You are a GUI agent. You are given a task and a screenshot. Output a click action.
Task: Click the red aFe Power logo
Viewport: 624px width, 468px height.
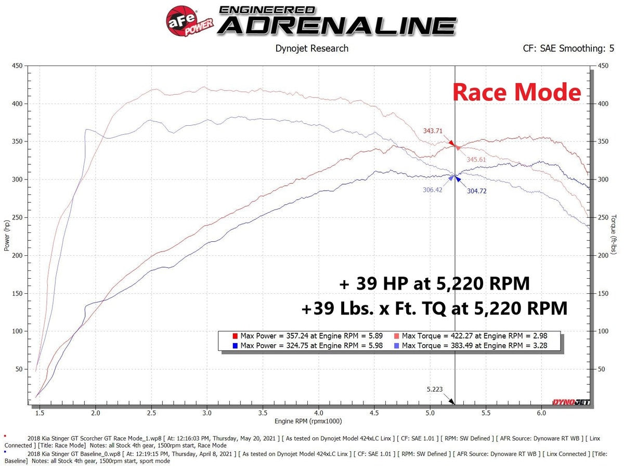(x=184, y=21)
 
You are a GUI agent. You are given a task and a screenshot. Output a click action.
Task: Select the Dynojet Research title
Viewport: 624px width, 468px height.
(x=311, y=48)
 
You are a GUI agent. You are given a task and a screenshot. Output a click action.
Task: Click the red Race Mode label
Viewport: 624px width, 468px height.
(x=516, y=92)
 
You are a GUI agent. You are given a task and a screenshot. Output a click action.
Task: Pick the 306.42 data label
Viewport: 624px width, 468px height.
(x=432, y=190)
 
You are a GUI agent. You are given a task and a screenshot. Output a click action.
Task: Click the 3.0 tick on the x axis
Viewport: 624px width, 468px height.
(x=207, y=413)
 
